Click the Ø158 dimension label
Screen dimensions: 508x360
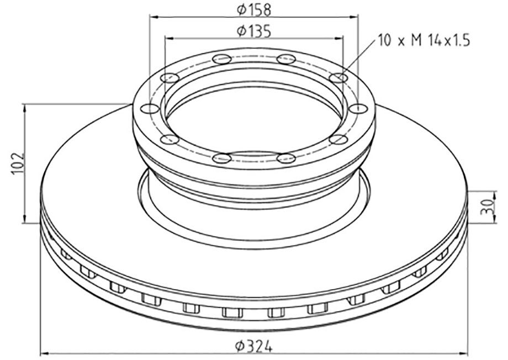254,9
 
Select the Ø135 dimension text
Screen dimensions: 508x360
254,31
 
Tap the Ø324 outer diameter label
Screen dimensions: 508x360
254,346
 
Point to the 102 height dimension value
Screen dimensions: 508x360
18,163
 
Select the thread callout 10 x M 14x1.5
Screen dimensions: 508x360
424,41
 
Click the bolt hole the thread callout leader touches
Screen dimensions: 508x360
338,78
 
